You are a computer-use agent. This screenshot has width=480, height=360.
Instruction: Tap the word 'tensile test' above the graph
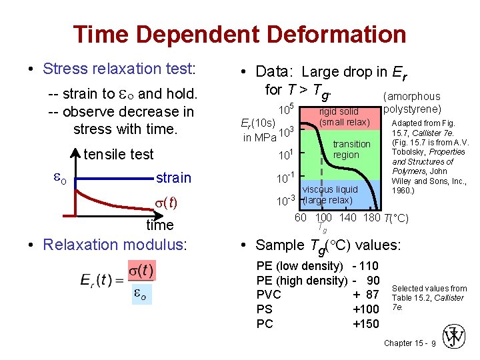point(119,155)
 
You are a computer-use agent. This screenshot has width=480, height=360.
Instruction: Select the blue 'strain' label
point(173,178)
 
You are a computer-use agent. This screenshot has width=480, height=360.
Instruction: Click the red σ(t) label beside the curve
point(166,203)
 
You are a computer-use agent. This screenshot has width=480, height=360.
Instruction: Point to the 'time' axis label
point(160,225)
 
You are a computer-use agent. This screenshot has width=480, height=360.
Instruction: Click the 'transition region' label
point(351,149)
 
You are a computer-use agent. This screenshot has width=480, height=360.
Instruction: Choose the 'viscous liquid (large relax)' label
point(330,195)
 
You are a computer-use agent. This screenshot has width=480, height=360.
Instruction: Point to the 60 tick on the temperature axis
point(301,218)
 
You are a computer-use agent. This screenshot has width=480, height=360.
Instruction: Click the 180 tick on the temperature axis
point(372,218)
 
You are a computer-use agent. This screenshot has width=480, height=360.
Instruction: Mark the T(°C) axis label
point(396,218)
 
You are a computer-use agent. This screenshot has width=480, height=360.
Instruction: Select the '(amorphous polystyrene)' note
point(413,103)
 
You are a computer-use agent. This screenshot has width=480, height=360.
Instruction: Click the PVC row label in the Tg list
point(269,295)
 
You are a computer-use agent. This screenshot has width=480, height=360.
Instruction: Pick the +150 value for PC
point(365,324)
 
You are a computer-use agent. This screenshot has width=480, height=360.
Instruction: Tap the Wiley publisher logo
point(455,337)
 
